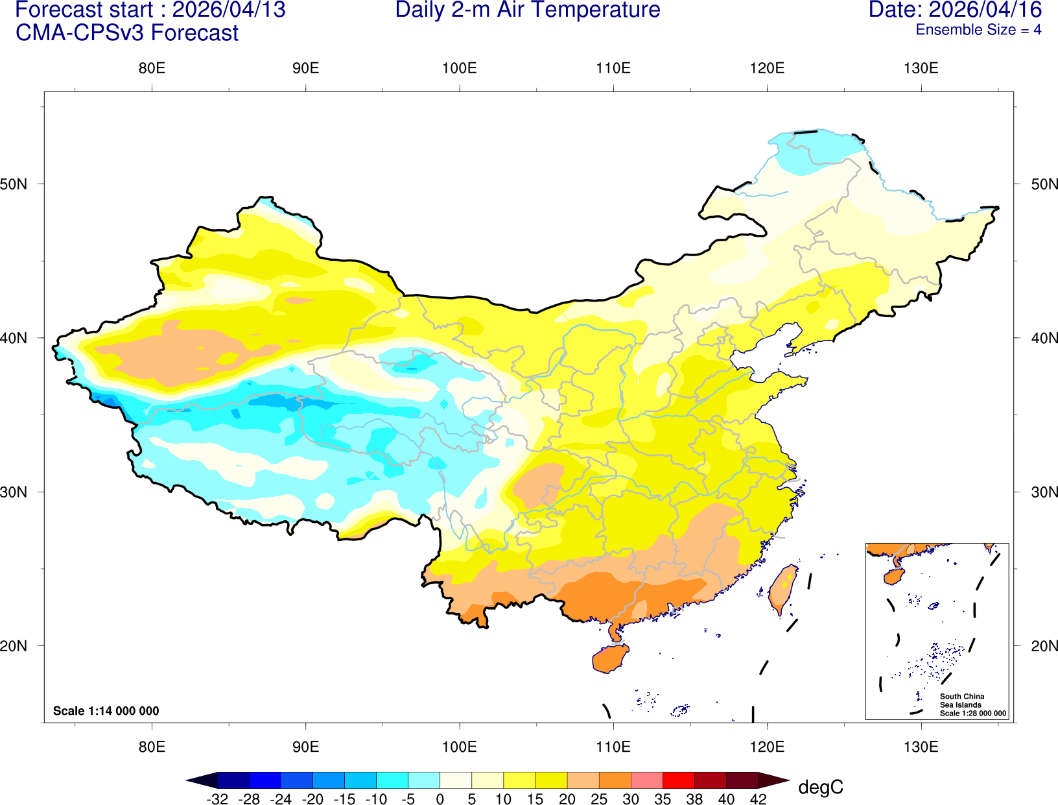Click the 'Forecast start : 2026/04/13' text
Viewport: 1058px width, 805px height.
[x=150, y=10]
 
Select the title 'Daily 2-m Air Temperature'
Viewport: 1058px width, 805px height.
[x=528, y=10]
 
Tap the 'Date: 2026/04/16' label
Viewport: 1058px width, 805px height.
[x=955, y=10]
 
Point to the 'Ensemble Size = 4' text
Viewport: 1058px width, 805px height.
[x=978, y=30]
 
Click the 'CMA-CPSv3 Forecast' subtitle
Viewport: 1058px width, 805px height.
[x=127, y=32]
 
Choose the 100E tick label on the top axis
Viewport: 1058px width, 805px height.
[x=459, y=69]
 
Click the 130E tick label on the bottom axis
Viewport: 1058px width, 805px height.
[x=921, y=747]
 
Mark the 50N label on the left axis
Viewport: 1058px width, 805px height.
[x=14, y=184]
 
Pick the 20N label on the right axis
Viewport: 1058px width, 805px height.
[x=1044, y=646]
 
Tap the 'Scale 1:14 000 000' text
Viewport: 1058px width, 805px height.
[x=106, y=711]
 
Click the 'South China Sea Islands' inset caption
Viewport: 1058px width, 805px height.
[x=961, y=701]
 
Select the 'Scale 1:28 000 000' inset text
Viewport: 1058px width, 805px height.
[x=973, y=714]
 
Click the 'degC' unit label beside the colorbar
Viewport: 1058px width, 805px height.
[x=821, y=787]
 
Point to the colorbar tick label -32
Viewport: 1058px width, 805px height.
[x=217, y=799]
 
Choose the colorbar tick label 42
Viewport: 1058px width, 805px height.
[x=758, y=799]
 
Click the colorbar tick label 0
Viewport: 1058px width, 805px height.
[x=440, y=799]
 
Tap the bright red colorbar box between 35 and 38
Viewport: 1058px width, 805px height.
[x=678, y=780]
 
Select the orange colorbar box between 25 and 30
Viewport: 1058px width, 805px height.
[x=615, y=780]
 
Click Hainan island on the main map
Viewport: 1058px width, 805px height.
[x=609, y=658]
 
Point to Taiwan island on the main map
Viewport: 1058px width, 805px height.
[x=783, y=588]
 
